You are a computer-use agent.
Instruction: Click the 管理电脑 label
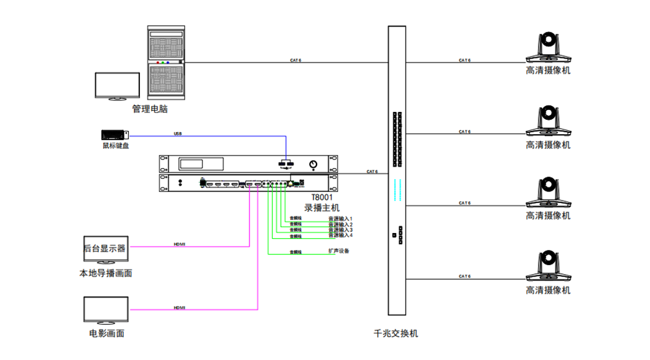[x=150, y=109]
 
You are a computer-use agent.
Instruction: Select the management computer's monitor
[x=117, y=85]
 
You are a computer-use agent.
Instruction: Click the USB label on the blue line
[x=178, y=133]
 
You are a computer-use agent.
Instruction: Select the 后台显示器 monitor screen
[x=104, y=247]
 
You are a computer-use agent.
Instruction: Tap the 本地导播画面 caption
[x=106, y=273]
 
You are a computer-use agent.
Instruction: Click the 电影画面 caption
[x=107, y=334]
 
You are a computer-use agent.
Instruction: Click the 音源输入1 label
[x=340, y=219]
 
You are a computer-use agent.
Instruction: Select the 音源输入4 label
[x=340, y=236]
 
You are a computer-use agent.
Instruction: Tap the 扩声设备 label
[x=339, y=251]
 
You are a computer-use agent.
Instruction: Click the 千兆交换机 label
[x=396, y=334]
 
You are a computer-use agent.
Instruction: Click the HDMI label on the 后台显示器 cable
[x=179, y=244]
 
